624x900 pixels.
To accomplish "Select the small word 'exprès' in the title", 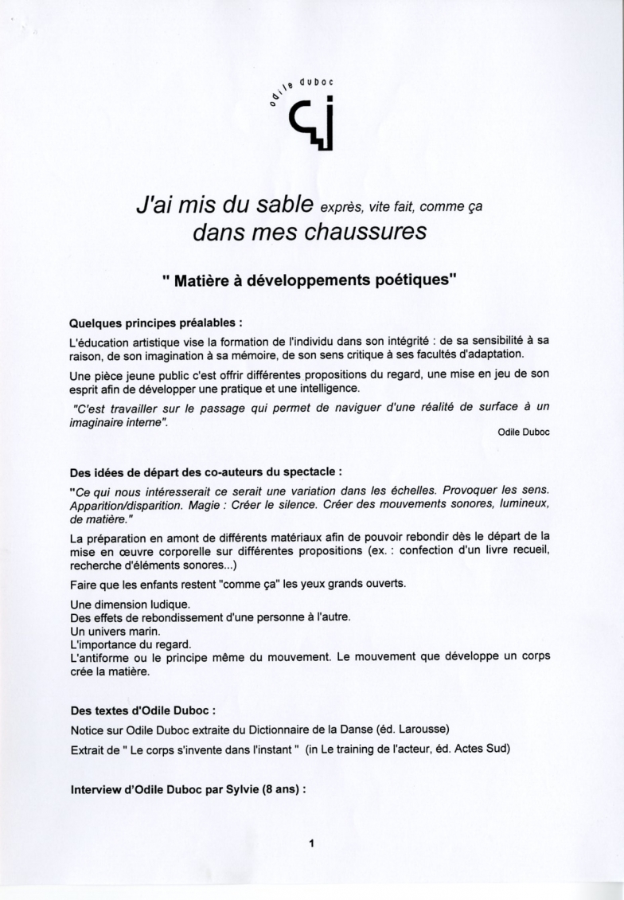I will point(338,209).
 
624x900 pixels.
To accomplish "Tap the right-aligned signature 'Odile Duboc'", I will point(524,432).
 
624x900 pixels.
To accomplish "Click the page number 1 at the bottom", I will point(312,843).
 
